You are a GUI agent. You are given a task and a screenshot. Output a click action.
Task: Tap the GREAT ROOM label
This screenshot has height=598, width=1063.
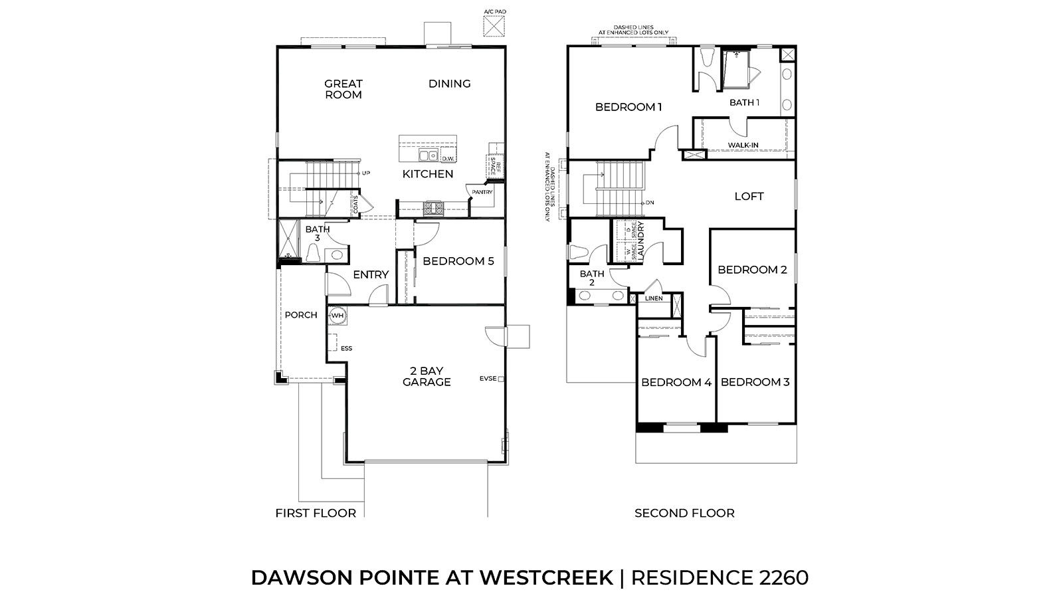343,89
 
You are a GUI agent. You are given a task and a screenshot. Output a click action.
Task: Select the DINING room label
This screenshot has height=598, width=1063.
450,84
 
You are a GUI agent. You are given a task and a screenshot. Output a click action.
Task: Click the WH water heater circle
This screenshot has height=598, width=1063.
338,315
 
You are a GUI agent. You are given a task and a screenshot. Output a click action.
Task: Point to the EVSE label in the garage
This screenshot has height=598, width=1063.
488,379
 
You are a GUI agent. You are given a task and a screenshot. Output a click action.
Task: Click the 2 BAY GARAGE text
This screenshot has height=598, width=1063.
427,376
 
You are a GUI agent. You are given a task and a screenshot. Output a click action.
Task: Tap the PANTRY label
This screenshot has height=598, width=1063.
482,192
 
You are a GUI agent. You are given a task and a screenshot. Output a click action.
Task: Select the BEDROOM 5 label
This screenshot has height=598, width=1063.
458,261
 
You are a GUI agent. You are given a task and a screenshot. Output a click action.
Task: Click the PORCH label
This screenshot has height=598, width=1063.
301,315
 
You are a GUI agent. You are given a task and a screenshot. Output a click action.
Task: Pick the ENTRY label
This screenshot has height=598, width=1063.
371,274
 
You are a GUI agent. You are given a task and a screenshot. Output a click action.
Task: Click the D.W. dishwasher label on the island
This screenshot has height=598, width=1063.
448,158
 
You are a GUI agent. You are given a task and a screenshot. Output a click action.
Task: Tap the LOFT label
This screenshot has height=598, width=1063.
749,197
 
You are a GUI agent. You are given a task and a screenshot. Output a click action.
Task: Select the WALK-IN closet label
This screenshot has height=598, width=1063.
743,146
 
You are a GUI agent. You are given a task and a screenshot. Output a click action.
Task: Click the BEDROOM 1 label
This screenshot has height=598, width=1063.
628,107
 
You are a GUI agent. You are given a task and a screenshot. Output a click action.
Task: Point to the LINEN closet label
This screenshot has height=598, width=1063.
654,298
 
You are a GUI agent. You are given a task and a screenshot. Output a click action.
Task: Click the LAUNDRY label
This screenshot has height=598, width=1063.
641,239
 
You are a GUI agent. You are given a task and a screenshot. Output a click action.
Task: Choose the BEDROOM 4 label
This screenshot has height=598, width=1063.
676,383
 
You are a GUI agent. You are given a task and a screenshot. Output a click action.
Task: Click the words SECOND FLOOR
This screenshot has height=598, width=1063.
684,513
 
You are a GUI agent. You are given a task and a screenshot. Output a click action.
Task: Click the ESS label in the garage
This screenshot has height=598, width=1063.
346,348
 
